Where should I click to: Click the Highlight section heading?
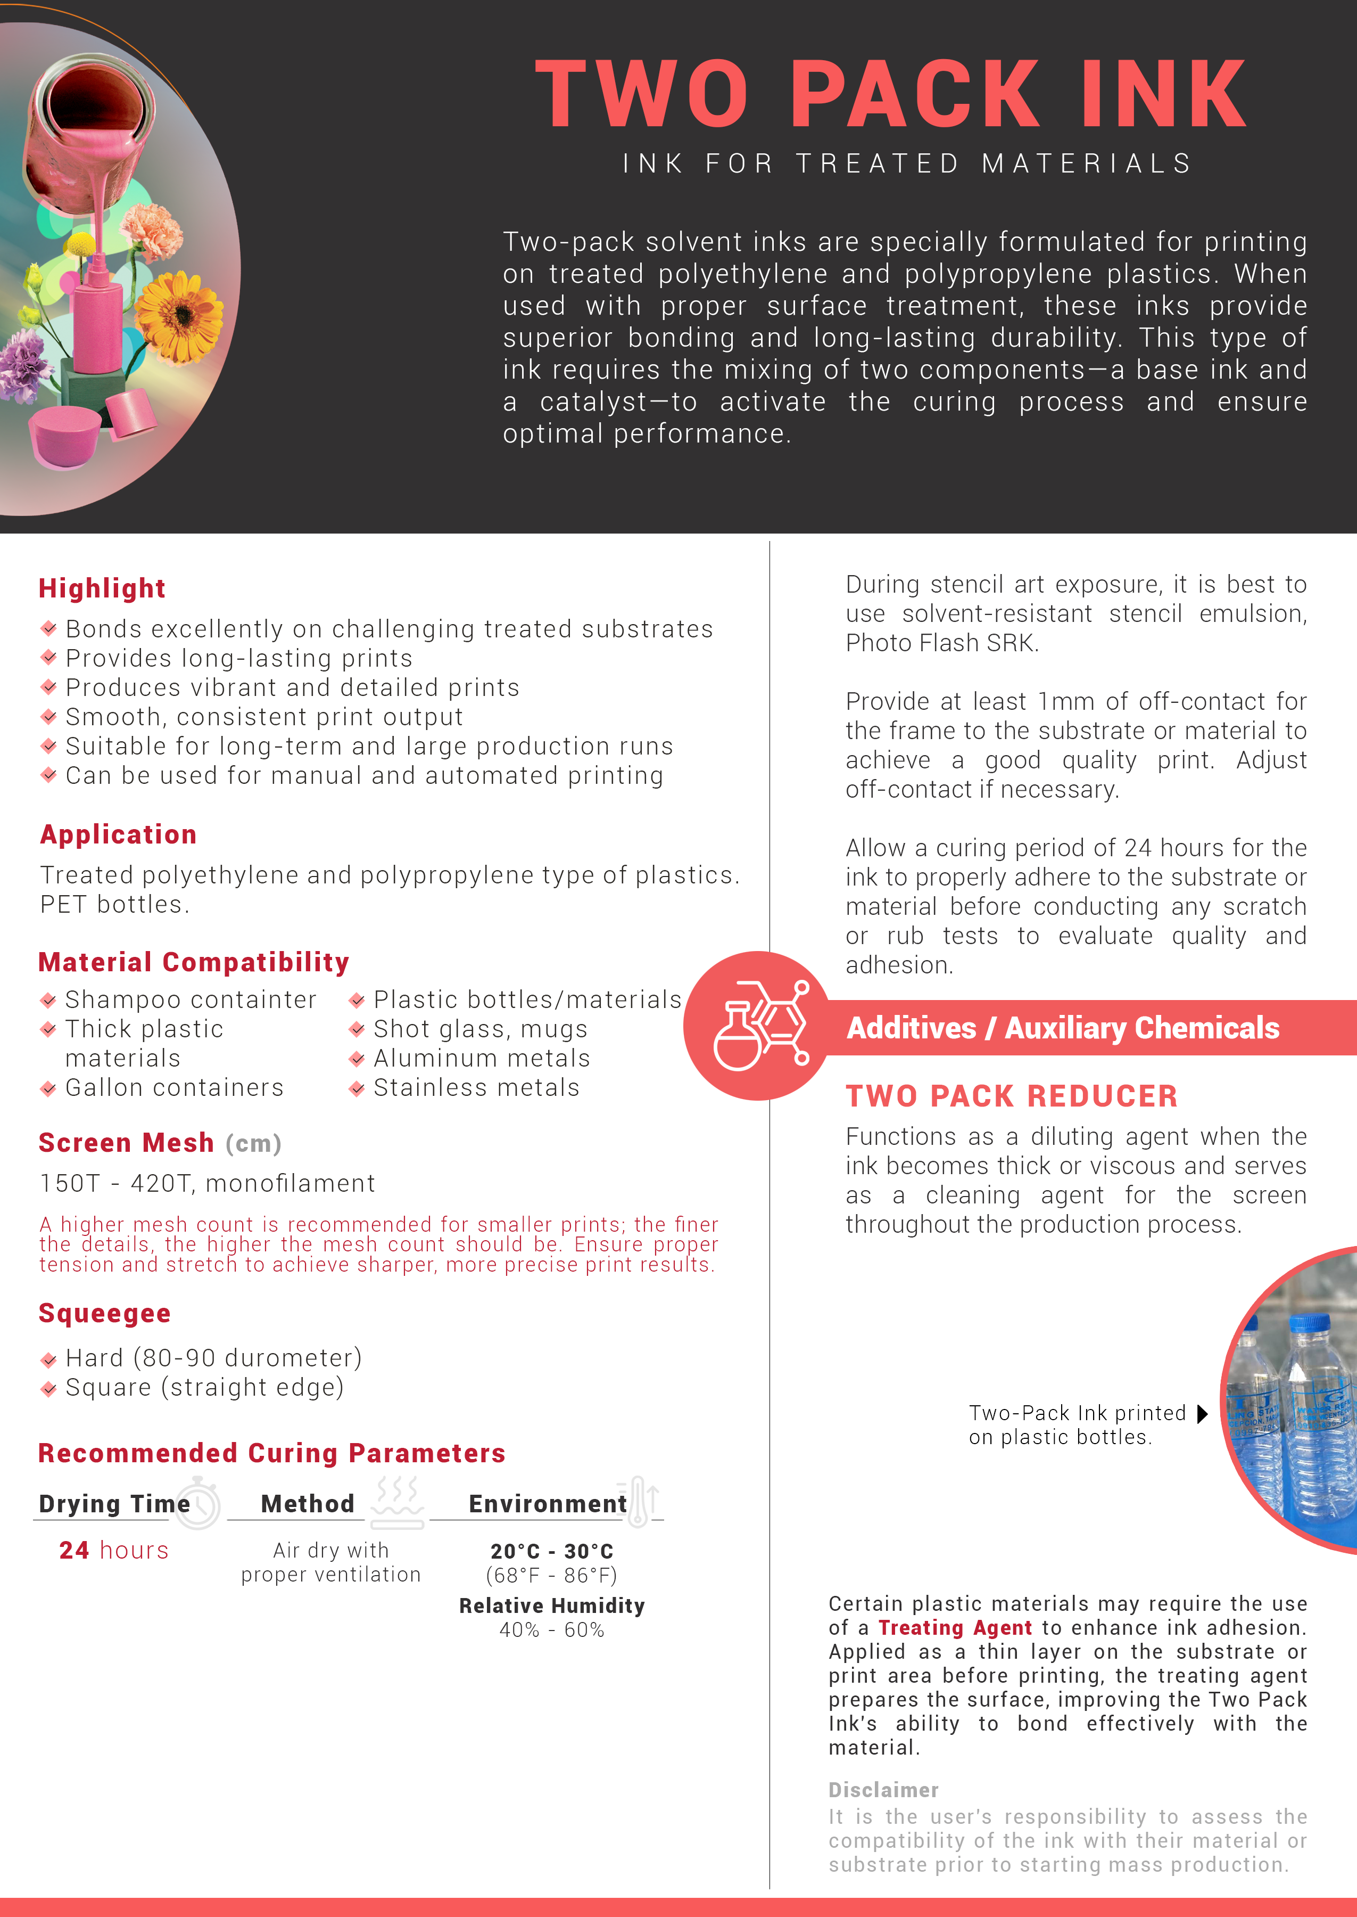pos(102,588)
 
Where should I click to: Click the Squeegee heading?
pos(104,1313)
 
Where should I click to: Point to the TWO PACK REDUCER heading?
pos(1011,1095)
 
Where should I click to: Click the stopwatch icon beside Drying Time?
pos(199,1502)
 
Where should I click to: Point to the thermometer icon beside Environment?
pos(639,1501)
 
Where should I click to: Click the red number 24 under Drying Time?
pos(75,1550)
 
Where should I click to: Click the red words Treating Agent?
pos(955,1628)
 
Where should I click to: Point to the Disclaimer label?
pos(883,1789)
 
